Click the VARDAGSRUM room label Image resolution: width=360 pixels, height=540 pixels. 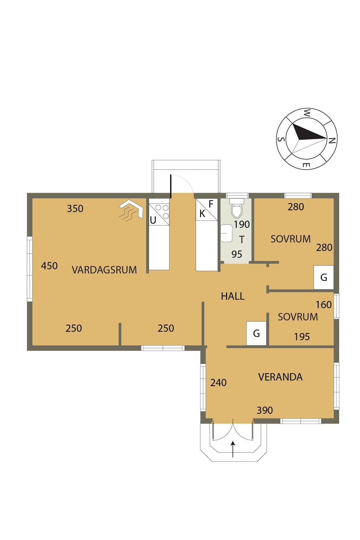(x=104, y=270)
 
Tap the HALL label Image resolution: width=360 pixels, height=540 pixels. (x=233, y=296)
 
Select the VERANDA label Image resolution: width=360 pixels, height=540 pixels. (x=280, y=377)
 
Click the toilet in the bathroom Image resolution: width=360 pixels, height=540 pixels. (x=237, y=208)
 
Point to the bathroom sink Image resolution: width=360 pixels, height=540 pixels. (x=226, y=233)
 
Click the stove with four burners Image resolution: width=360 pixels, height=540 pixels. (x=159, y=212)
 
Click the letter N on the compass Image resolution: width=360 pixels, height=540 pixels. (x=332, y=141)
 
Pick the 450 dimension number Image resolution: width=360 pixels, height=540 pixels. (x=49, y=266)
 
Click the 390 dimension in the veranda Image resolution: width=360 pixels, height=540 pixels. (x=264, y=410)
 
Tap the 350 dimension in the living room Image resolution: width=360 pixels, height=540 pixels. (x=75, y=208)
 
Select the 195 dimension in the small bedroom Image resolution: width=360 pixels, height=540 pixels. (x=302, y=337)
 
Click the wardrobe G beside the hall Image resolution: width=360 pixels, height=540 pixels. (x=256, y=333)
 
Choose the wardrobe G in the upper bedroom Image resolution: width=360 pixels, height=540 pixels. (x=323, y=277)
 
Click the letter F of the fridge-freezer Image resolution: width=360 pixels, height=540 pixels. (x=211, y=204)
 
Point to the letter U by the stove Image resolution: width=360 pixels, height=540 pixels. (x=153, y=220)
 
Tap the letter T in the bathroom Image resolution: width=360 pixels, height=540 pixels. (x=242, y=240)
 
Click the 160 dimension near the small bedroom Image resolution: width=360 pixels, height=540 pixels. (x=323, y=305)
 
